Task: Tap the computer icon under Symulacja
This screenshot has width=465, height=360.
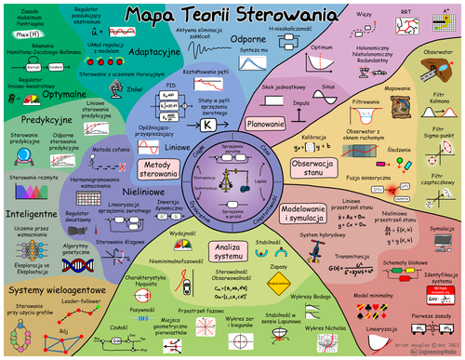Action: (441, 244)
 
